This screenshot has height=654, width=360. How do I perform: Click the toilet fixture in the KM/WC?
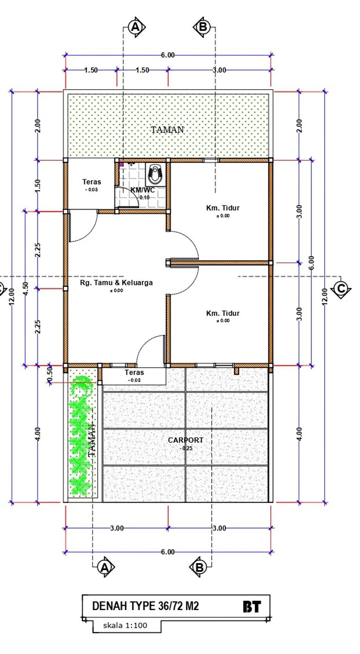(155, 174)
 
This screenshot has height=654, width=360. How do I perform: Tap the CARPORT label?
(186, 440)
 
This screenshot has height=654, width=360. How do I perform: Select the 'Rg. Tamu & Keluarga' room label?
(116, 282)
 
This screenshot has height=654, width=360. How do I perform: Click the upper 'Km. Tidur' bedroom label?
(223, 208)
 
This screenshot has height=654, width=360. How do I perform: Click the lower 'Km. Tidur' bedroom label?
(223, 313)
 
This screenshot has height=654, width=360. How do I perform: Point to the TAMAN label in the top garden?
(167, 130)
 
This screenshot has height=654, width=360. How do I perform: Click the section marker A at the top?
(136, 27)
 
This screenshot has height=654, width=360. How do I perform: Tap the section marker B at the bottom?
(199, 567)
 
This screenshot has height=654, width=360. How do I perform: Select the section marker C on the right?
(341, 289)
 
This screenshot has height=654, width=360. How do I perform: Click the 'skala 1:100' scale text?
(125, 625)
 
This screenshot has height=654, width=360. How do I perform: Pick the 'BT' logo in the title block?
(252, 606)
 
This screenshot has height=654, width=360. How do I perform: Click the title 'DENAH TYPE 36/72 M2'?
(146, 606)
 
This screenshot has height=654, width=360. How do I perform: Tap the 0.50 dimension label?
(50, 373)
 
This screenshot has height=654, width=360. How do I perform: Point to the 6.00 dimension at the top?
(168, 55)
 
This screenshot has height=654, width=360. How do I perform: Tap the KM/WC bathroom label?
(142, 190)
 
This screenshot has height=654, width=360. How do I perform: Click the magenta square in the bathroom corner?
(121, 164)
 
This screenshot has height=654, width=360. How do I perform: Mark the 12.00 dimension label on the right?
(324, 297)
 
